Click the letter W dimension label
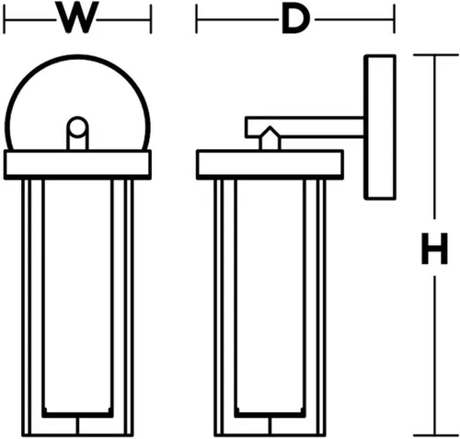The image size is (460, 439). point(77,17)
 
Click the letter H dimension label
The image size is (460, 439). point(434,248)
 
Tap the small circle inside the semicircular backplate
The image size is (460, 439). point(77,126)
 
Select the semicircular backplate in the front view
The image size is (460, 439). point(77,56)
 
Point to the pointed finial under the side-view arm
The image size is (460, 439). point(270,138)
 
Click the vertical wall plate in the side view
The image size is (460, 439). point(380,127)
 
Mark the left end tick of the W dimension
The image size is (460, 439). point(5,19)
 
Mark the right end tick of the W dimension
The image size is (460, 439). point(151,19)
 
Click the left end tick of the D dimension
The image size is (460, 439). point(197,19)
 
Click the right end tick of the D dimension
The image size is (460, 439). point(395,19)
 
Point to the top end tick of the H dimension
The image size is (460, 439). point(436,55)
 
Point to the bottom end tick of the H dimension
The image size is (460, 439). point(436,435)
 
